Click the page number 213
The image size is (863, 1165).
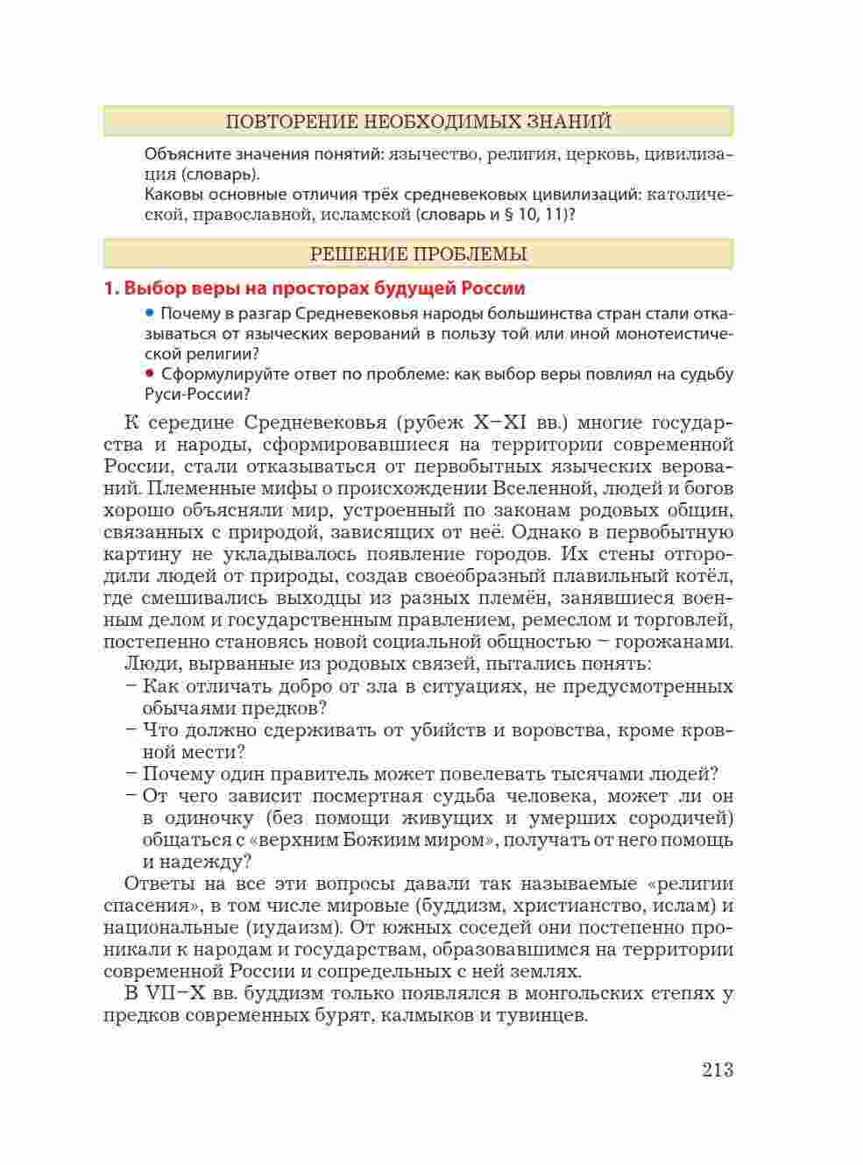pos(717,1070)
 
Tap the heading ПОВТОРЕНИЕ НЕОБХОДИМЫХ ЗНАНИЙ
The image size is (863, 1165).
pos(418,122)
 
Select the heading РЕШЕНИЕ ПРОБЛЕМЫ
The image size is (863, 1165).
pos(418,255)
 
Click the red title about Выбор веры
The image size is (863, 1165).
pos(315,288)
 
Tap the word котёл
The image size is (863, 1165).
pos(705,577)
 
